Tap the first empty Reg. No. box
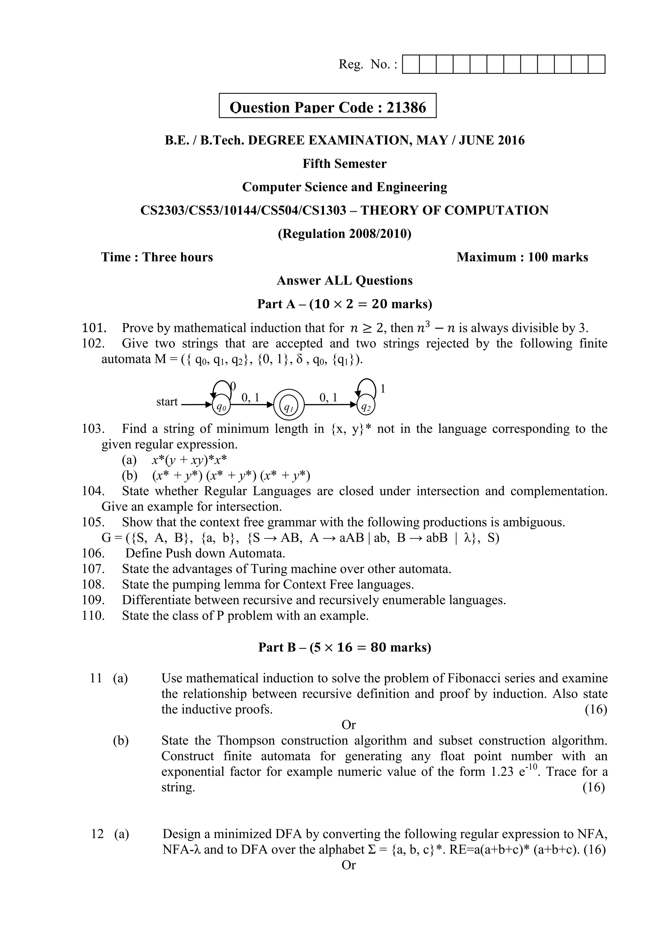coord(411,65)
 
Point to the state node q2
coord(366,407)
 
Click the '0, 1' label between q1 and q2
coord(328,398)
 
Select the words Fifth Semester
coord(344,164)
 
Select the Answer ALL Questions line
coord(344,280)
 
